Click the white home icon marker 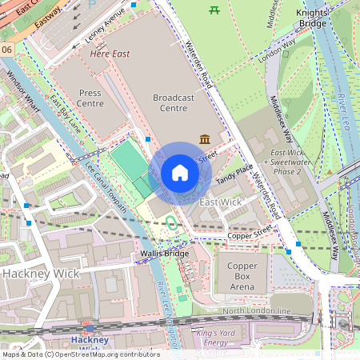tap(180, 173)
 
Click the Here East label tap(110, 54)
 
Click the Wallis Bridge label tap(164, 254)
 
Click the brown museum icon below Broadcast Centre tap(206, 139)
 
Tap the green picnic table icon tap(214, 10)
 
